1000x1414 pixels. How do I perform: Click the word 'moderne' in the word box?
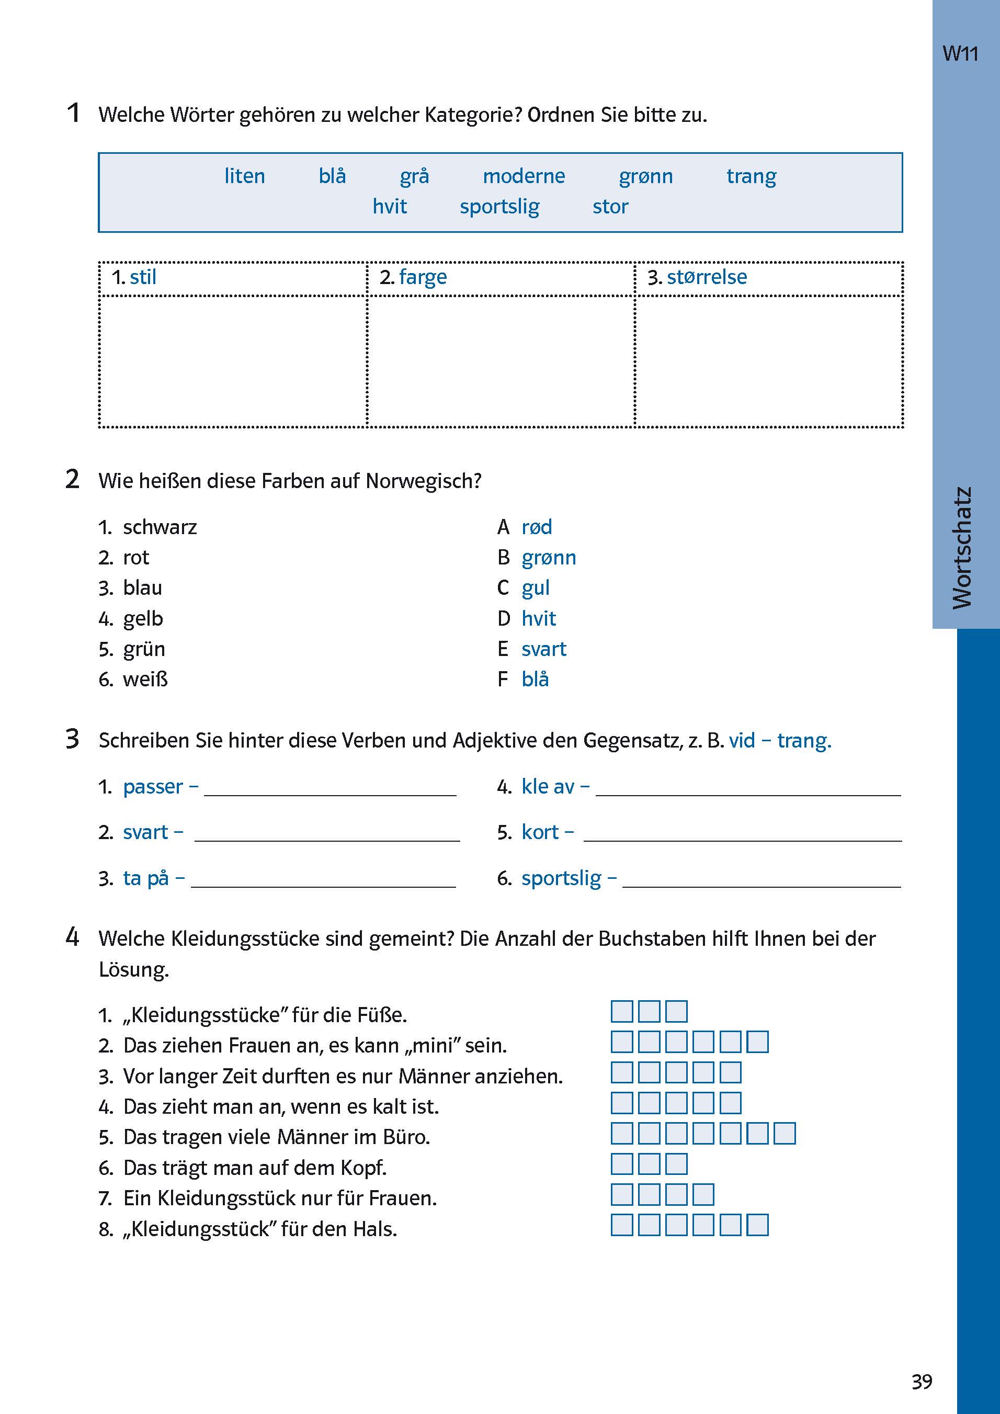click(x=524, y=176)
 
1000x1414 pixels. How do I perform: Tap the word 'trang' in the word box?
click(x=751, y=176)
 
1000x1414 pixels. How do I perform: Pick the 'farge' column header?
click(x=423, y=277)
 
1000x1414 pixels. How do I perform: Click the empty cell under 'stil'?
click(x=233, y=361)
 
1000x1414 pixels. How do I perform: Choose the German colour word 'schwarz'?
click(x=160, y=527)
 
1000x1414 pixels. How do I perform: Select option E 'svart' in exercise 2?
click(x=543, y=649)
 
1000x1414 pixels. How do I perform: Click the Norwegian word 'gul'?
click(x=535, y=588)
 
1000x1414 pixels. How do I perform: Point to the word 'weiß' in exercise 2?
click(x=145, y=680)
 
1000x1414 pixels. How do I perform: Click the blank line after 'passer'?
click(x=330, y=789)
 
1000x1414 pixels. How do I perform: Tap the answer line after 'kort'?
click(x=742, y=834)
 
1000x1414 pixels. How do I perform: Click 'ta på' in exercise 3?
click(x=146, y=878)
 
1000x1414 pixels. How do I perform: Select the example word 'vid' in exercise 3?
click(x=742, y=740)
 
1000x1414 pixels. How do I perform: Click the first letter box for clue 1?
click(x=621, y=1011)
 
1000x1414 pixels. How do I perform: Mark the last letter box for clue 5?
click(x=785, y=1133)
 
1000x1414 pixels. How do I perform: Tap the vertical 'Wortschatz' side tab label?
click(x=962, y=548)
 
